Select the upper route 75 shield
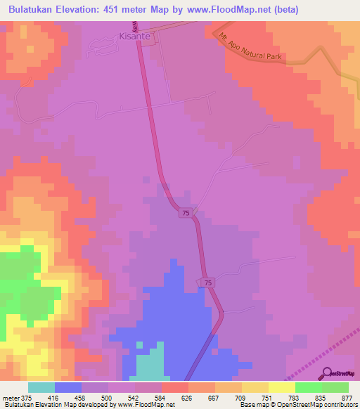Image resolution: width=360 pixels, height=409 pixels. pyautogui.click(x=185, y=213)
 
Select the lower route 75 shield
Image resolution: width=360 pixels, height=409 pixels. pyautogui.click(x=208, y=282)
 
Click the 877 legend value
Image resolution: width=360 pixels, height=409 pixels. pyautogui.click(x=347, y=397)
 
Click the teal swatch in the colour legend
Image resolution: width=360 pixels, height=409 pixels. pyautogui.click(x=41, y=387)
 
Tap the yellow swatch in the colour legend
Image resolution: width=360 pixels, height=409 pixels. pyautogui.click(x=282, y=387)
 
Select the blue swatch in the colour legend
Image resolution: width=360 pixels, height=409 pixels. pyautogui.click(x=68, y=387)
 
